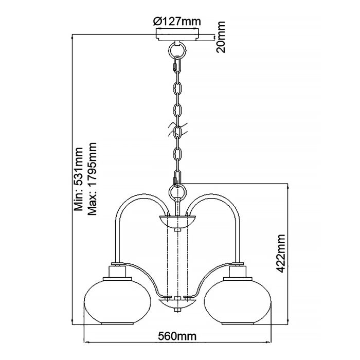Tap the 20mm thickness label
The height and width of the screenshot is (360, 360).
pos(222,37)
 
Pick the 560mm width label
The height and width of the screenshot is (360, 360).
pos(177,336)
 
